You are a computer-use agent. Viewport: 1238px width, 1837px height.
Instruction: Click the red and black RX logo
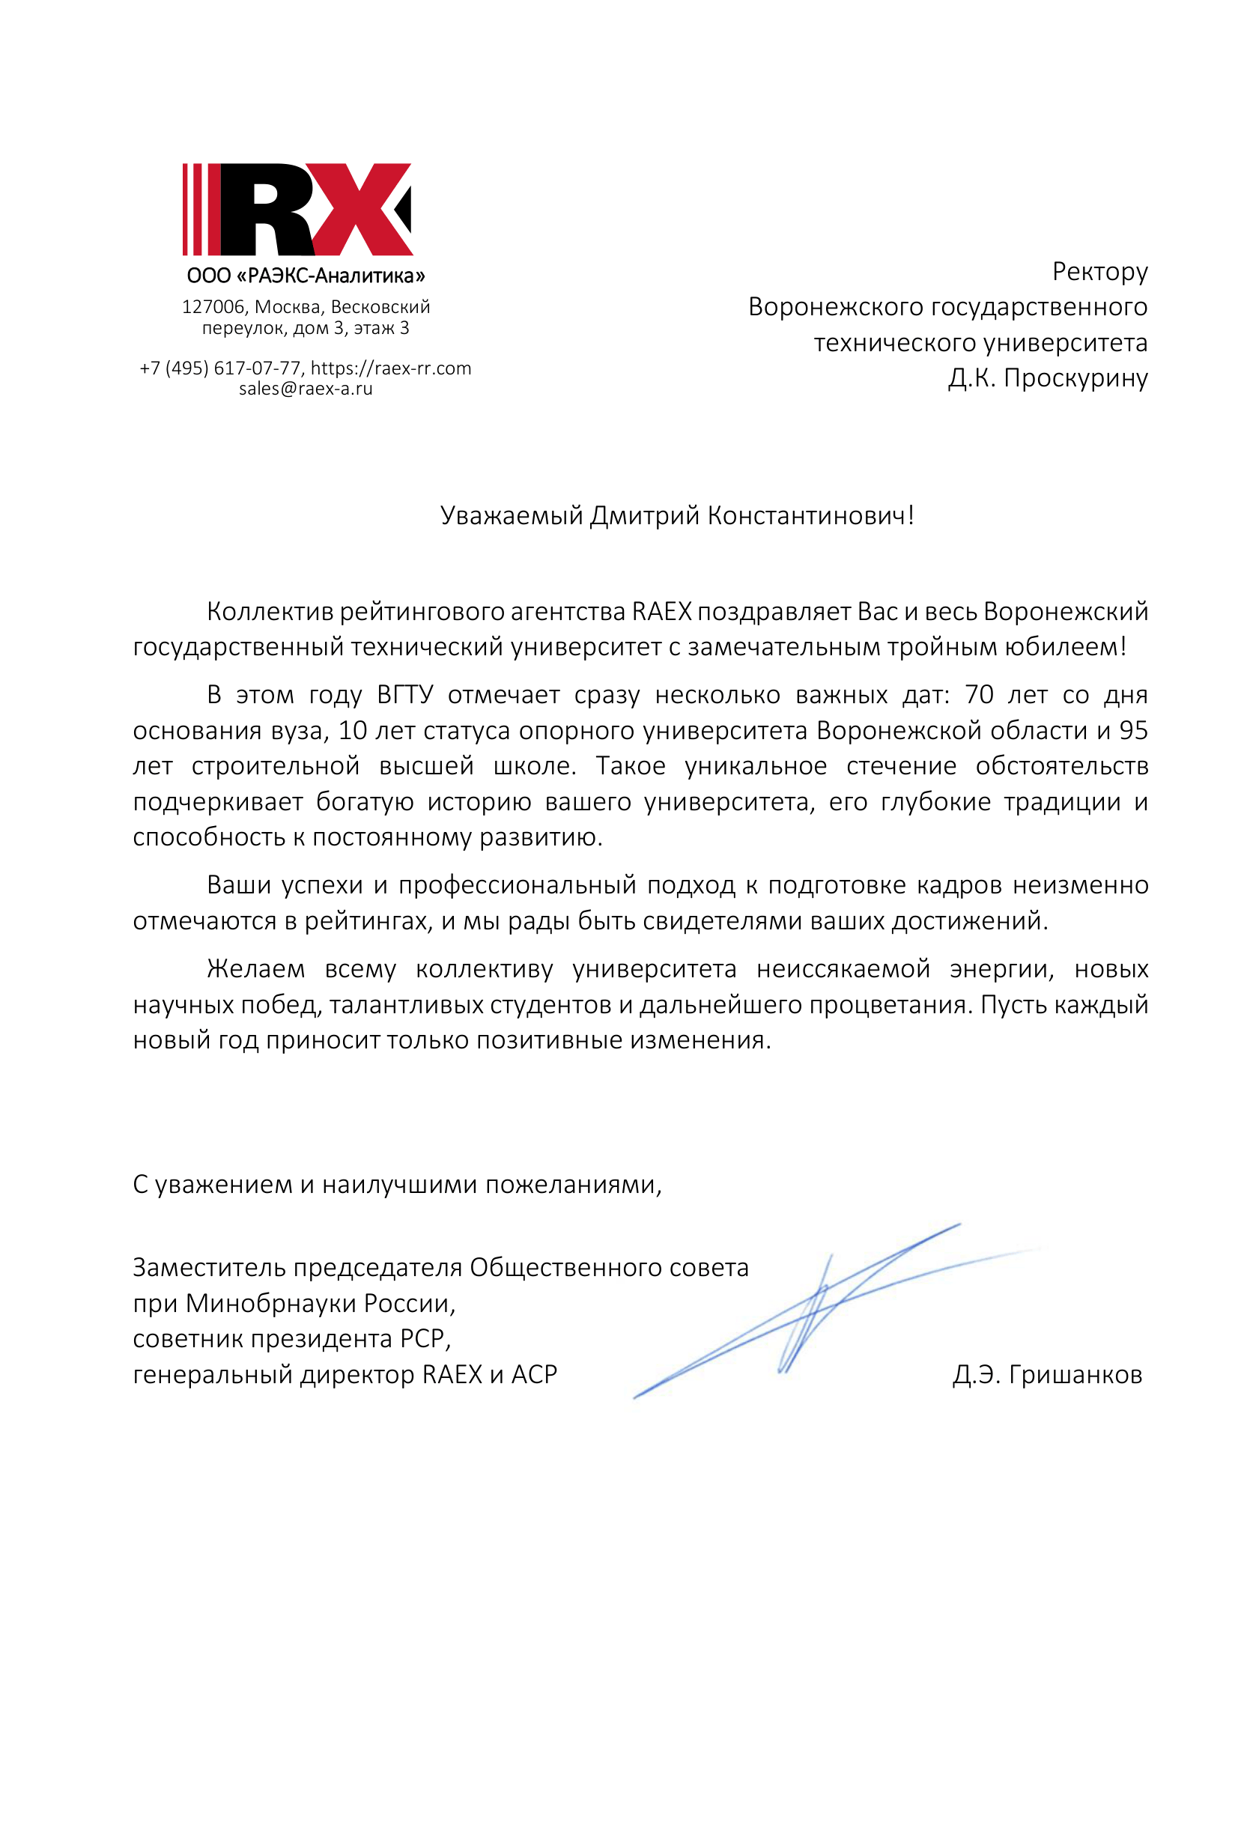click(x=297, y=209)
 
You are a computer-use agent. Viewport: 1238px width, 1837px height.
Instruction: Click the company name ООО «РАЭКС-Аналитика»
click(x=306, y=276)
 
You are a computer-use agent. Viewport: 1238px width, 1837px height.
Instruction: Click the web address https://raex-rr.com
click(x=391, y=368)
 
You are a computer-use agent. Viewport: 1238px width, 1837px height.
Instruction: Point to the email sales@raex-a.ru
click(x=306, y=389)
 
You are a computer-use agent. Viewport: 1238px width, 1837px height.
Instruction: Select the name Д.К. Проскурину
click(x=1047, y=378)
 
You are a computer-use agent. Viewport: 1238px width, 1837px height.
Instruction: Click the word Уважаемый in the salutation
click(x=512, y=515)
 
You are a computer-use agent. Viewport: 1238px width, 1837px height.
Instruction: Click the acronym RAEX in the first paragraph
click(x=661, y=612)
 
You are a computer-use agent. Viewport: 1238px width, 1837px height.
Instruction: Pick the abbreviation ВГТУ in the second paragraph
click(x=405, y=695)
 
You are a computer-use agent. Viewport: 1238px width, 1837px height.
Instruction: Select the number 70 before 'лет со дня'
click(x=979, y=695)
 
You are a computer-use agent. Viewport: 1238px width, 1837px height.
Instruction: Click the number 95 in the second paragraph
click(x=1133, y=730)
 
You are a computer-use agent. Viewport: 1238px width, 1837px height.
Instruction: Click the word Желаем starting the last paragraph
click(x=256, y=968)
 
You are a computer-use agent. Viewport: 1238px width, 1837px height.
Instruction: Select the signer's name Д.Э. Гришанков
click(x=1047, y=1374)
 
